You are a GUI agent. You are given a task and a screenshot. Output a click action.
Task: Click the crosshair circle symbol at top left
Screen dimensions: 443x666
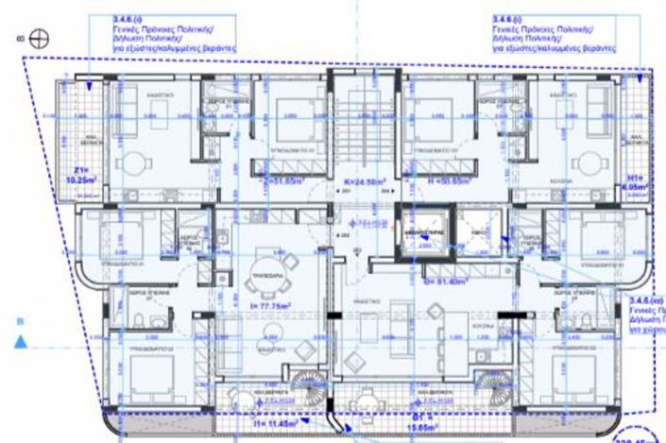38,39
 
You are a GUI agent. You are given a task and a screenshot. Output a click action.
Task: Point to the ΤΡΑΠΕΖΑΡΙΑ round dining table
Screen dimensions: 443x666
256,278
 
